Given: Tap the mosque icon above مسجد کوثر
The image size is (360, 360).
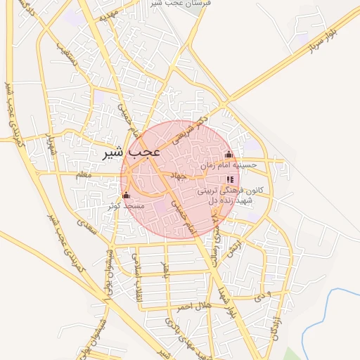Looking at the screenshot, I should point(127,195).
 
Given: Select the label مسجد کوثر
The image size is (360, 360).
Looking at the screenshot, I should point(126,207).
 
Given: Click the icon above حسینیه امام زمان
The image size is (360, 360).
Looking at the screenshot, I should point(228,155).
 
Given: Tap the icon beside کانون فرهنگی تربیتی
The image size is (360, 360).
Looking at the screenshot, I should point(230,179).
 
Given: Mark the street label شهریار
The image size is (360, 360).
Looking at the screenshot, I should point(49,141).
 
